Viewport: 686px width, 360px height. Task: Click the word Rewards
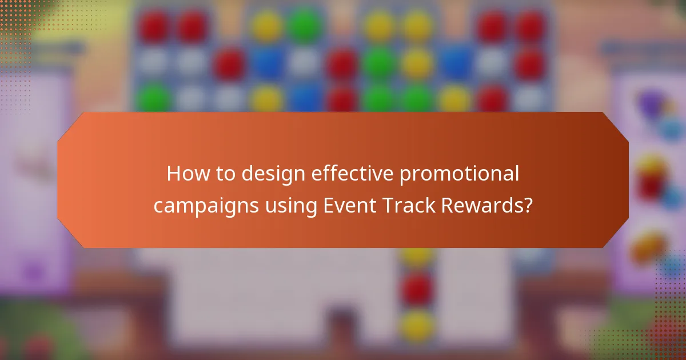(x=480, y=206)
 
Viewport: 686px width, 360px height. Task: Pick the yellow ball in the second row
(x=417, y=63)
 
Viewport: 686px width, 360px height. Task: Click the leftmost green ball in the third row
(x=153, y=98)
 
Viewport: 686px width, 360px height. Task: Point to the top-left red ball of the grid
(x=153, y=26)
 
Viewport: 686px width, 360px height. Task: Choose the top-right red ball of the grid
(x=531, y=26)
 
